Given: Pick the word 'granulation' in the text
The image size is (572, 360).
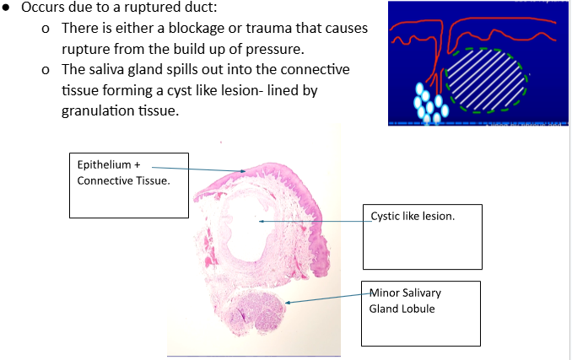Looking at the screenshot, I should tap(96, 110).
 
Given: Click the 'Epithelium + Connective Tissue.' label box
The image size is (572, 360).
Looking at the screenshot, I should tap(128, 183).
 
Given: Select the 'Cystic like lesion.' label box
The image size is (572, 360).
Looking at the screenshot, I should tap(422, 234).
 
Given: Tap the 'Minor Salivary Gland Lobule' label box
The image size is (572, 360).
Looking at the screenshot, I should tap(420, 313).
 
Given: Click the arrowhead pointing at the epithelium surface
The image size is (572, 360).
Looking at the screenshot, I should tap(243, 171).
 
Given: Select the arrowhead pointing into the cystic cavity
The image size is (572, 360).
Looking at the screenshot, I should tap(262, 221).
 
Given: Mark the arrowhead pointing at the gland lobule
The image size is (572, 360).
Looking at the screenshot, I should tap(288, 301).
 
